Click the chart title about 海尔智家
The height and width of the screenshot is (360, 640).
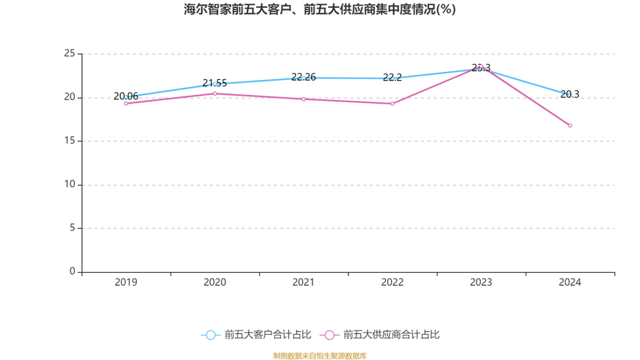320,10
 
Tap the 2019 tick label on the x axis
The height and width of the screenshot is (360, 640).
126,282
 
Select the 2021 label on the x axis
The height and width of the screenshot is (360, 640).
304,282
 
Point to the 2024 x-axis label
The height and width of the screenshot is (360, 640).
569,282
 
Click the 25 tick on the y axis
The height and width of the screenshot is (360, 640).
69,54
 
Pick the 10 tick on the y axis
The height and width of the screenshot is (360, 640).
69,185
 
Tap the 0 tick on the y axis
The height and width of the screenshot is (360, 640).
72,272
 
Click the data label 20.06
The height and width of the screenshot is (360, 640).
126,96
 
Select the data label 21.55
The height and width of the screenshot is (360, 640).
215,84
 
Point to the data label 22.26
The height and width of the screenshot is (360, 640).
304,77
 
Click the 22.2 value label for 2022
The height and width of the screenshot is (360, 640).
392,78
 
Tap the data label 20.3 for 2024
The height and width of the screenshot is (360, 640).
569,94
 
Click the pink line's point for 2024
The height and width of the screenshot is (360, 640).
569,125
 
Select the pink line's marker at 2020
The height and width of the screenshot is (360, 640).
215,94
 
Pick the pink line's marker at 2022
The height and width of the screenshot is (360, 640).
392,104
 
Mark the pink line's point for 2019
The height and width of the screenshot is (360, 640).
126,104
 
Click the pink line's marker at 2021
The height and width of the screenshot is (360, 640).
304,99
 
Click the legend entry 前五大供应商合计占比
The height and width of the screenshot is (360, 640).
382,335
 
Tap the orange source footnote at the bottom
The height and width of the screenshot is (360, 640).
320,356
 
